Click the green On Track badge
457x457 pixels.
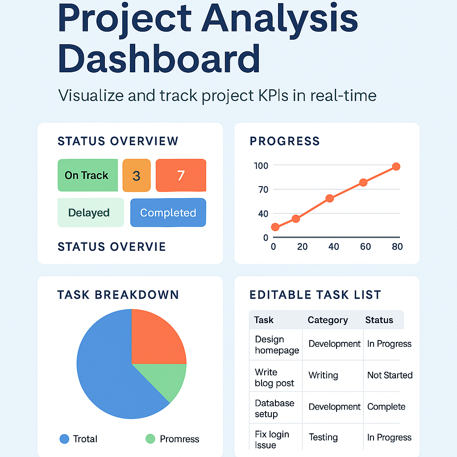tap(88, 175)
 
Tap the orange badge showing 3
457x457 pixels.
tap(137, 175)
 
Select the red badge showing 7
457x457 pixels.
tap(181, 175)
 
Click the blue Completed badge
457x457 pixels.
tap(168, 212)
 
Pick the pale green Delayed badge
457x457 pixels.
tap(91, 212)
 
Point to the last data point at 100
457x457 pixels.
tap(396, 166)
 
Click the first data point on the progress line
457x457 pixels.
tap(275, 227)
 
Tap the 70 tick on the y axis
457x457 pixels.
tap(263, 190)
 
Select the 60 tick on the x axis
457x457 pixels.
tap(366, 246)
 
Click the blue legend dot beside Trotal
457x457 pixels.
tap(64, 439)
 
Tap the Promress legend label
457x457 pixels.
tap(179, 439)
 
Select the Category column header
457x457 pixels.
tap(328, 320)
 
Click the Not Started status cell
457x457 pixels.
tap(390, 375)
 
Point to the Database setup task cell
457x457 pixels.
tap(274, 408)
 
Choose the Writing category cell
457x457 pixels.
tap(323, 375)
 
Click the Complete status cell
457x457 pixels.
tap(386, 407)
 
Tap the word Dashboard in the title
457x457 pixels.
tap(159, 58)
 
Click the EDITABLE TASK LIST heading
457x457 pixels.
tap(316, 295)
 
